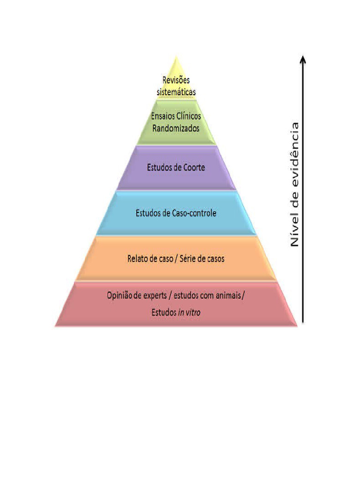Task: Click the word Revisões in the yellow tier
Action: pyautogui.click(x=176, y=80)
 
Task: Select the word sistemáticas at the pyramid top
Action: pyautogui.click(x=176, y=92)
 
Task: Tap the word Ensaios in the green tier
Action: pyautogui.click(x=162, y=116)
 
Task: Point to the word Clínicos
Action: pyautogui.click(x=188, y=116)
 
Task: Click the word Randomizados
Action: pyautogui.click(x=176, y=128)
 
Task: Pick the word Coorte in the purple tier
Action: pyautogui.click(x=194, y=167)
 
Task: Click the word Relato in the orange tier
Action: pyautogui.click(x=138, y=259)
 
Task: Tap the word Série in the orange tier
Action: pyautogui.click(x=187, y=259)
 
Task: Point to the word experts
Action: pyautogui.click(x=154, y=296)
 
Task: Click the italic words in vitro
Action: pyautogui.click(x=189, y=313)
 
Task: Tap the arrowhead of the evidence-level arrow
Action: pyautogui.click(x=303, y=59)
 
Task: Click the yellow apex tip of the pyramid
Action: pyautogui.click(x=176, y=56)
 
